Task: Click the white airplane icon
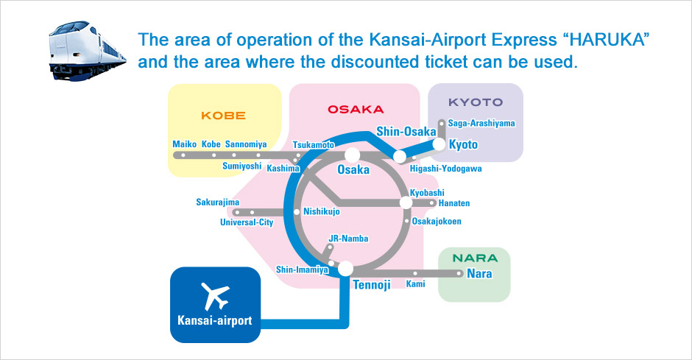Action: point(216,296)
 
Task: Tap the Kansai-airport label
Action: point(214,320)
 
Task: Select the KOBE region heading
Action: point(223,116)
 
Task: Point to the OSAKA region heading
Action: point(356,110)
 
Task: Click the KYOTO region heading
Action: point(476,102)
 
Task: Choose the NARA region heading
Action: point(475,258)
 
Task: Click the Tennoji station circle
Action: point(345,268)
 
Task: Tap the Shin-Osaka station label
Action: point(406,132)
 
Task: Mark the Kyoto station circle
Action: point(439,144)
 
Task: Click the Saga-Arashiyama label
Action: point(481,123)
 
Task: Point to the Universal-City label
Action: point(247,222)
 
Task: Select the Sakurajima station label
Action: point(218,202)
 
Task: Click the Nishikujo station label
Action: point(322,211)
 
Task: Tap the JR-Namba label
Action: point(348,239)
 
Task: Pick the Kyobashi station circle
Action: point(406,202)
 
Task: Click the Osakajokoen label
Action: point(437,221)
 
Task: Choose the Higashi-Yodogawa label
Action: point(445,169)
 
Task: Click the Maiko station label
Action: point(185,144)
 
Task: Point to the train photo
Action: point(87,50)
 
